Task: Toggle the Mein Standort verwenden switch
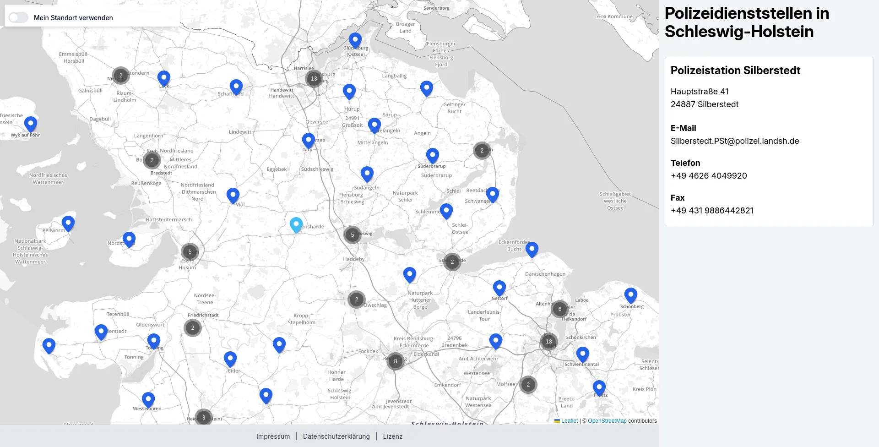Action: [x=19, y=17]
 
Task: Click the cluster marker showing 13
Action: [x=314, y=79]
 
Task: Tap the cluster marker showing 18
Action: [x=549, y=342]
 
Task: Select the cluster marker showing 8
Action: [x=396, y=361]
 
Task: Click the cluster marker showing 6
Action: [x=560, y=309]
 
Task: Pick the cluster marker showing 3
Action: [x=204, y=418]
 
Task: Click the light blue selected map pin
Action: [x=296, y=224]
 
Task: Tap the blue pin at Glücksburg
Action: [x=355, y=40]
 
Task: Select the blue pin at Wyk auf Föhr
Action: [x=31, y=124]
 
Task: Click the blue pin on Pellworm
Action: [x=68, y=223]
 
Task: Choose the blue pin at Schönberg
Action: [x=631, y=295]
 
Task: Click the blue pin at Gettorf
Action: [x=499, y=288]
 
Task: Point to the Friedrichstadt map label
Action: [x=203, y=315]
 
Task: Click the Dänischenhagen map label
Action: [x=545, y=274]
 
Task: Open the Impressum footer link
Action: [x=273, y=436]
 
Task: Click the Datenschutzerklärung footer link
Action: [x=336, y=436]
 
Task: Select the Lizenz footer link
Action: [x=393, y=436]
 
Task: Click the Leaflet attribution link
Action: [x=570, y=421]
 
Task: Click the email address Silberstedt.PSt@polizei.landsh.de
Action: [x=735, y=141]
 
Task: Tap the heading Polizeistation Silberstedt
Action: [x=735, y=71]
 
